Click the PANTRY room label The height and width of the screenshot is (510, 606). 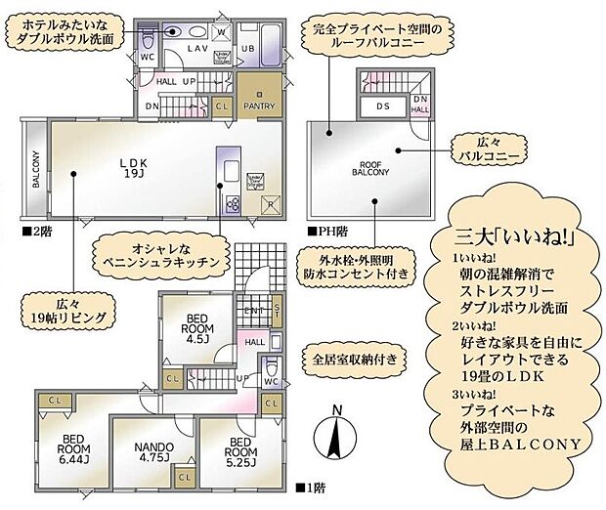[x=259, y=106]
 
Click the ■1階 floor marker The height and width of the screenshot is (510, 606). [x=312, y=486]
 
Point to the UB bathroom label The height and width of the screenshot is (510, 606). [x=247, y=46]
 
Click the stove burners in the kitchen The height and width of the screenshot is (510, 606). [x=233, y=203]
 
